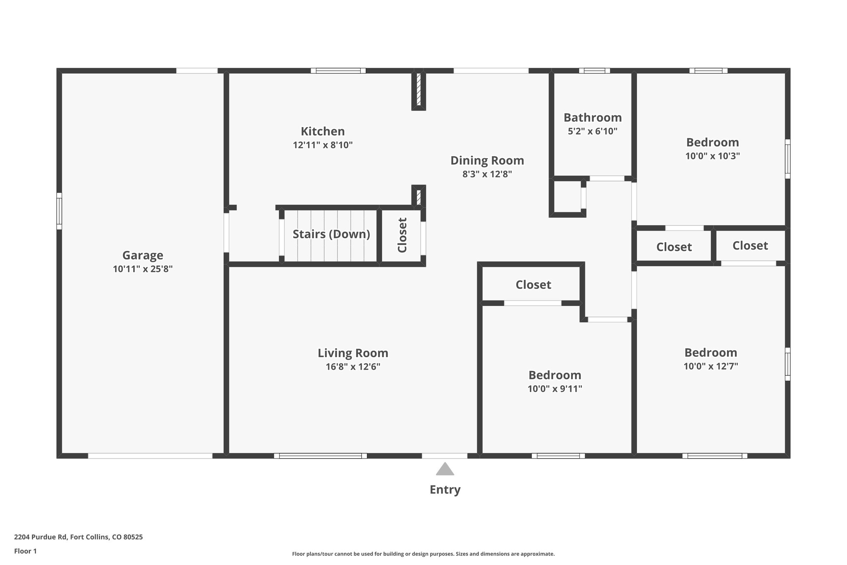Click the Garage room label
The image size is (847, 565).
(143, 255)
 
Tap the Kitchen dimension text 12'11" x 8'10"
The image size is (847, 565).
(323, 145)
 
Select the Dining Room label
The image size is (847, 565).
(487, 160)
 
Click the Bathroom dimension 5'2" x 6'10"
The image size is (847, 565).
(592, 132)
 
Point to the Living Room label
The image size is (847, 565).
(353, 353)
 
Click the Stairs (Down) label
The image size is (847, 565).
(331, 234)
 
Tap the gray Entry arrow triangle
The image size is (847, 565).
(445, 469)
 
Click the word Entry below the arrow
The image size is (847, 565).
(445, 490)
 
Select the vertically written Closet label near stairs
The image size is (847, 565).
(402, 235)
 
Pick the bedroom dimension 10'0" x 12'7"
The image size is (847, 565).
(711, 366)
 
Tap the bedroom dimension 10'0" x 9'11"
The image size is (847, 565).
(555, 389)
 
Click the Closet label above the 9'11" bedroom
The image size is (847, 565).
(533, 285)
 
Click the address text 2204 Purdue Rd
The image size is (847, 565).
(78, 537)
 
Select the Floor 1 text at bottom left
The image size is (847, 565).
(25, 551)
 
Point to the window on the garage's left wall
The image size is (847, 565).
(59, 211)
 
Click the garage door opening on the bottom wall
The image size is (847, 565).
(150, 456)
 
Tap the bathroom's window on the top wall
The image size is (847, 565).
(594, 71)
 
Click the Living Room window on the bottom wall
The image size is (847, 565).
(320, 456)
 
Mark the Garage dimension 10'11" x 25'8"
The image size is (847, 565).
(143, 269)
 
